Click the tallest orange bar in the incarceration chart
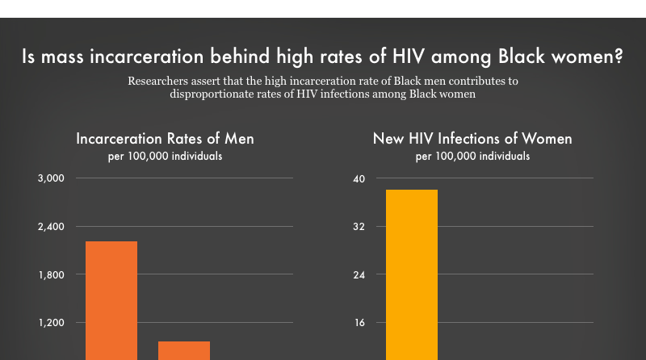[111, 299]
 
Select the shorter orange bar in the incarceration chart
[183, 350]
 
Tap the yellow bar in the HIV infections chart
[412, 274]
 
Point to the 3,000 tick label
[52, 178]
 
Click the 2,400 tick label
[52, 226]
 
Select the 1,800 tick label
[52, 274]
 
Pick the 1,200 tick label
[52, 323]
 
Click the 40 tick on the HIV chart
[359, 178]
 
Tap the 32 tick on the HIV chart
[359, 226]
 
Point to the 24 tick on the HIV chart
[359, 274]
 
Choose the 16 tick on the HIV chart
[359, 323]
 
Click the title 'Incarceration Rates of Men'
[165, 139]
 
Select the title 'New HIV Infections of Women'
[472, 139]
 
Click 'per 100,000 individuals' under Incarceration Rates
[165, 156]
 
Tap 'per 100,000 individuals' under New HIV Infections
[472, 156]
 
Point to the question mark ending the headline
[618, 58]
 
